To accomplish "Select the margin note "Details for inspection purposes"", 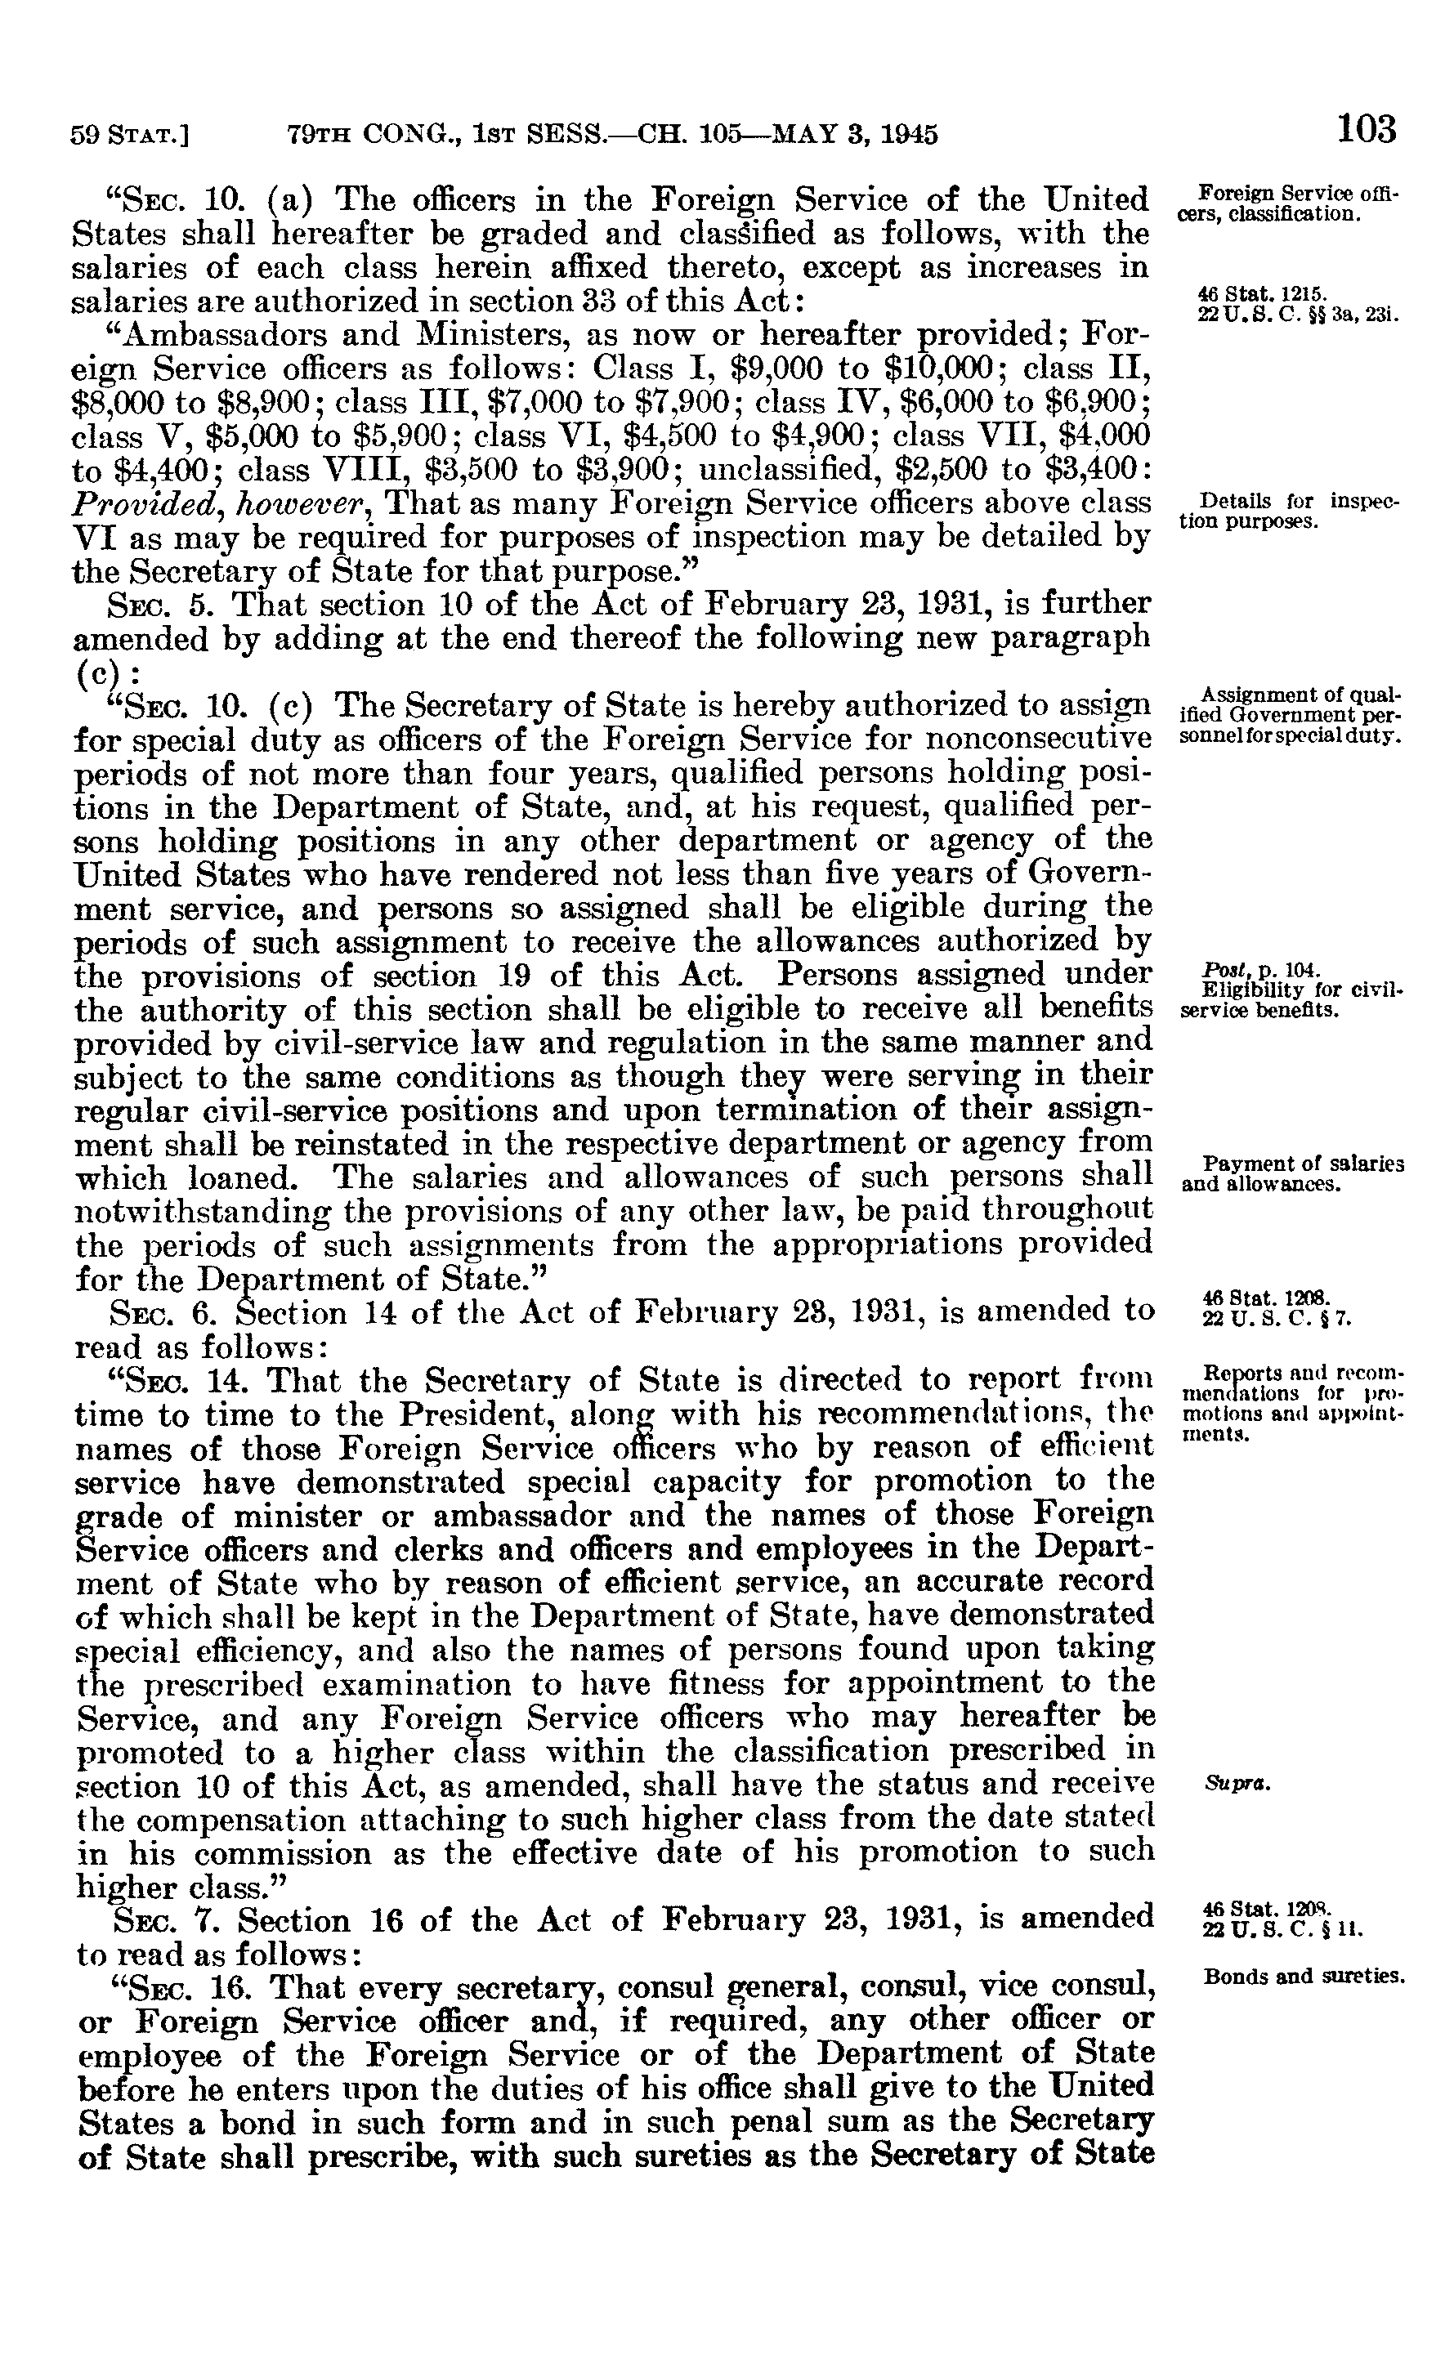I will (1289, 512).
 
